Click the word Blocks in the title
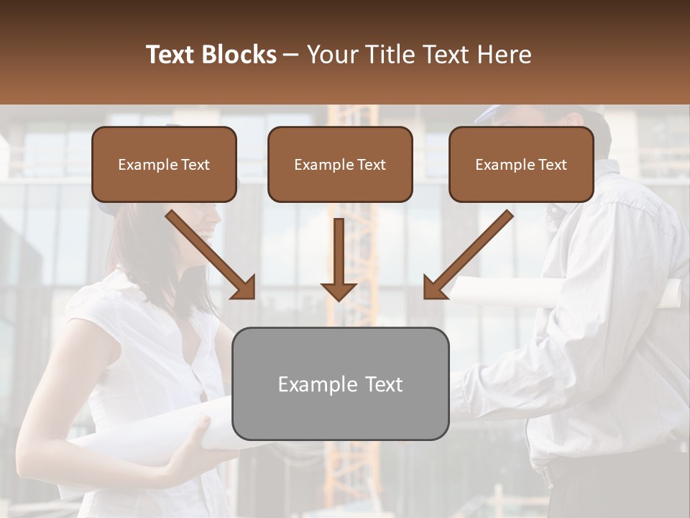241,55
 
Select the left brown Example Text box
164,164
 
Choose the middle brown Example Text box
340,164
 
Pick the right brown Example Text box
521,164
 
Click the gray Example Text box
340,383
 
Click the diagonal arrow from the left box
211,255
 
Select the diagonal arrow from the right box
467,255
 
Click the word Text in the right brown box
553,165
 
